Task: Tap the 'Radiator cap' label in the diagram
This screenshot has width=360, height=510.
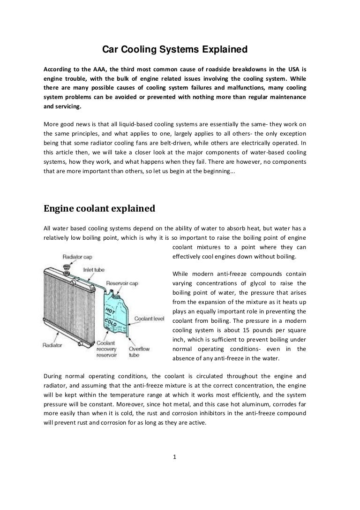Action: (78, 257)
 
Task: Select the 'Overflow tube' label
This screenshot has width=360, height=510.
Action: (139, 352)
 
